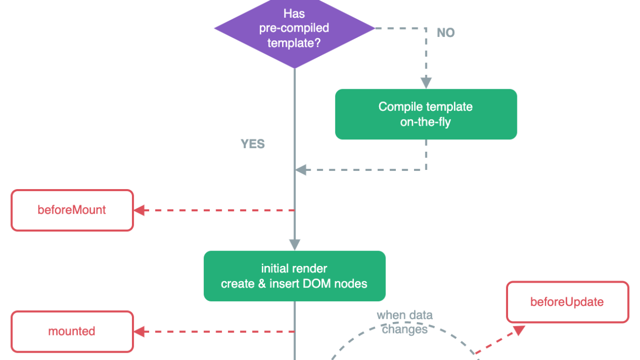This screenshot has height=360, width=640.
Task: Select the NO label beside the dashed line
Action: [446, 33]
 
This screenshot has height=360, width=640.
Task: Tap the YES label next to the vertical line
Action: [253, 144]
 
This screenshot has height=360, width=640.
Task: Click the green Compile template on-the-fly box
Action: [426, 114]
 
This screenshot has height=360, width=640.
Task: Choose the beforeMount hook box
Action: [72, 210]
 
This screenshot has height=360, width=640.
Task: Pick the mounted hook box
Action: [72, 331]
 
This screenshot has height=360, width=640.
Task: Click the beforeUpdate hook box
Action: [567, 302]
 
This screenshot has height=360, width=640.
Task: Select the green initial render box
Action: [294, 276]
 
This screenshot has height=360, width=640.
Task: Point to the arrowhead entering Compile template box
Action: [426, 83]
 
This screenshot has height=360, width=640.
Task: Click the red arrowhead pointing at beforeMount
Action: [140, 210]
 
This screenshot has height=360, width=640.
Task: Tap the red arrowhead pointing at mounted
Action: [140, 331]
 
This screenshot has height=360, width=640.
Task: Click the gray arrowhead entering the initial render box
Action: [294, 244]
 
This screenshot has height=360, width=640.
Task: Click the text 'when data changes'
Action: [405, 322]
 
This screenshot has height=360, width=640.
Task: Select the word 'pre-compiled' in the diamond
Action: [294, 28]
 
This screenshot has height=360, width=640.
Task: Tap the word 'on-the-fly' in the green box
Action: [425, 122]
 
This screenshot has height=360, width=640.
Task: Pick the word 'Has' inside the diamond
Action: [294, 14]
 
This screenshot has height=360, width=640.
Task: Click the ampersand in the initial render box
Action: [262, 284]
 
